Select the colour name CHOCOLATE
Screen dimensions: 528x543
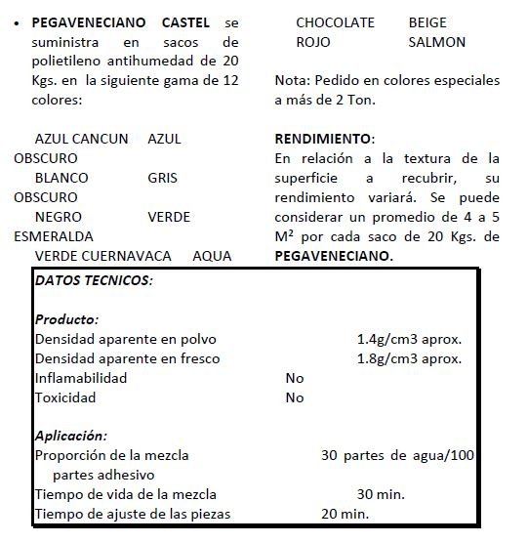(335, 22)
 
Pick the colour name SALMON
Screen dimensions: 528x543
(437, 42)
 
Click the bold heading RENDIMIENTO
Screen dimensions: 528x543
(324, 139)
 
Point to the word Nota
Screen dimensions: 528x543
(291, 80)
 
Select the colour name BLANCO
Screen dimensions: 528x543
(61, 178)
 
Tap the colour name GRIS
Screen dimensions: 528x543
(162, 178)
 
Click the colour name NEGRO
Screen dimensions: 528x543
(58, 217)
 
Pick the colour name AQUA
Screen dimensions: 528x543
(212, 256)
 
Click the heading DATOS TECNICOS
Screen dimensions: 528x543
(94, 280)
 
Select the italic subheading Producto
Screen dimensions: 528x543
(66, 319)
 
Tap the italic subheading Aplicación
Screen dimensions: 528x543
(70, 436)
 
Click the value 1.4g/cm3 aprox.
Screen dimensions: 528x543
(409, 339)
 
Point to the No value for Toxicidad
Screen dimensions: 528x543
(295, 397)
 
